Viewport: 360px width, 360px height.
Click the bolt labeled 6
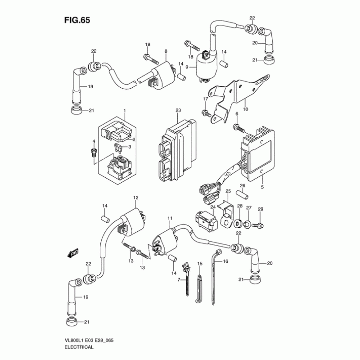point(236,128)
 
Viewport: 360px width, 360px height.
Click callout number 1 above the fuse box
point(125,110)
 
